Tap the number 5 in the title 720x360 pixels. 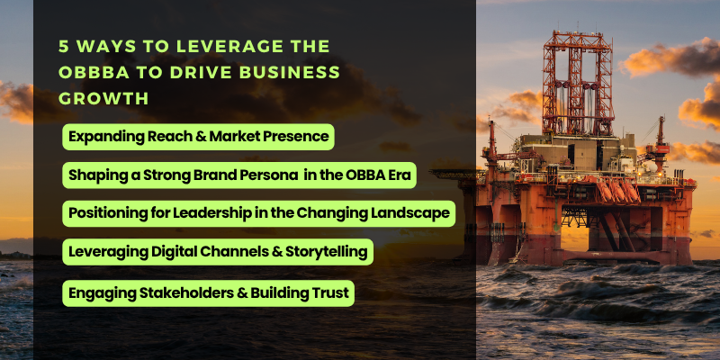[63, 47]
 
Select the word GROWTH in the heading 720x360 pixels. [103, 99]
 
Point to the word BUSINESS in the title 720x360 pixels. [295, 73]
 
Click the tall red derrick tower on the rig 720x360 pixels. [577, 82]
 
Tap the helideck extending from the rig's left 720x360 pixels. [454, 174]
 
